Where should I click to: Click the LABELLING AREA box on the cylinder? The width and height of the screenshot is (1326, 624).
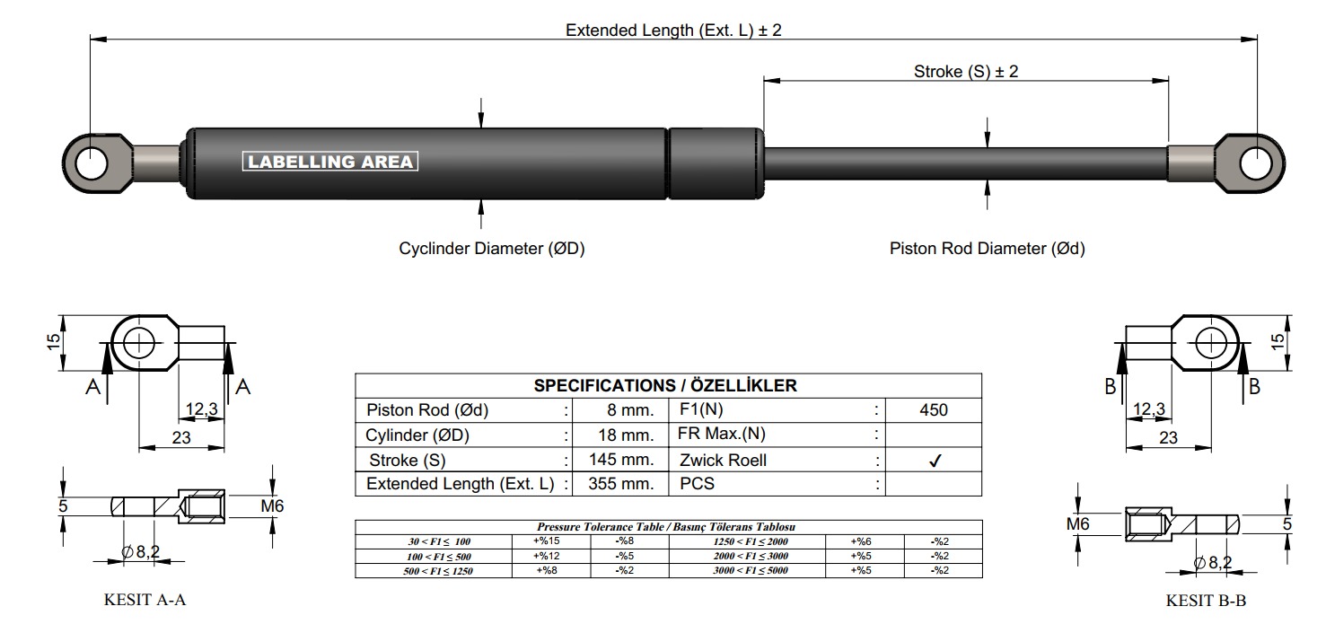[x=329, y=161]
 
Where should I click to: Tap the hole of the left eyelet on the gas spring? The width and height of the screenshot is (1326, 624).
[x=91, y=163]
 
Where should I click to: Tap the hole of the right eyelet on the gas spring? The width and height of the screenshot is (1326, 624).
[x=1256, y=163]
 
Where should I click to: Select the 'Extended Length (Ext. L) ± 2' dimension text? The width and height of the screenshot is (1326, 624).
[x=673, y=31]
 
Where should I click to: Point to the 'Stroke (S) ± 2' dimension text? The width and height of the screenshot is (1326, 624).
[x=965, y=72]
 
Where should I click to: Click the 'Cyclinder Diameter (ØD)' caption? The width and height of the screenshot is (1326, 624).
[x=491, y=248]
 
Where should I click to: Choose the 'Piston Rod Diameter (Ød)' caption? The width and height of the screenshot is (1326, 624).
[x=987, y=248]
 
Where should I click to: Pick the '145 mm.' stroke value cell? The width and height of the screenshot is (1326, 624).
[x=621, y=460]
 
